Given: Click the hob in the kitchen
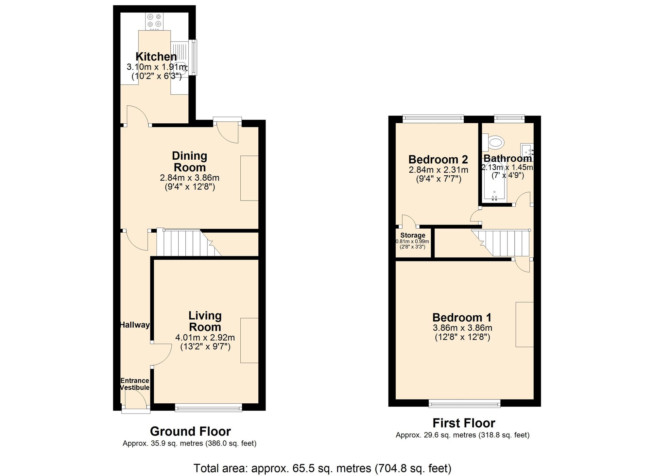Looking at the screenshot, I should tap(154, 21).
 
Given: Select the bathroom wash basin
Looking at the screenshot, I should tap(527, 152).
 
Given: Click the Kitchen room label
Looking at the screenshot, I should tap(156, 57).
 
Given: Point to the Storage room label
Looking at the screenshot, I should tap(413, 235).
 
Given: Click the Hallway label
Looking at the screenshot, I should tap(135, 325).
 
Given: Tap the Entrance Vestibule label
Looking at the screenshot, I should tap(135, 384).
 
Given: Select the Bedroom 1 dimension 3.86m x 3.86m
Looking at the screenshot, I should tap(462, 328).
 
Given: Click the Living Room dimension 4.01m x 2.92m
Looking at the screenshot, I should tap(205, 337).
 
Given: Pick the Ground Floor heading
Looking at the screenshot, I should tap(190, 432).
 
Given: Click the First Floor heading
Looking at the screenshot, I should tap(464, 423).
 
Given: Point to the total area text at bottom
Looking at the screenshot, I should tap(322, 468).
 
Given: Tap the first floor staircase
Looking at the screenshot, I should tap(504, 243).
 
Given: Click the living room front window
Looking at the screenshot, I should tap(208, 407).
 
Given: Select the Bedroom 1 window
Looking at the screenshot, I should tap(464, 403).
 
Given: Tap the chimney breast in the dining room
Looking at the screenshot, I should tap(249, 178).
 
